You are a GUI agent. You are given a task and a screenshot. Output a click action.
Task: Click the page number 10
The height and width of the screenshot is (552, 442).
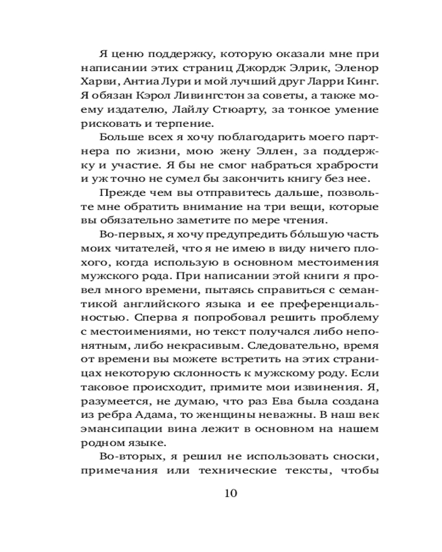click(x=230, y=492)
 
